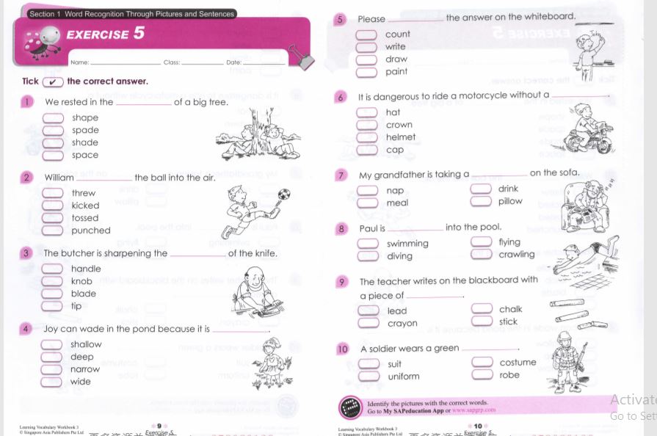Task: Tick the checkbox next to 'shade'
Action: pos(53,143)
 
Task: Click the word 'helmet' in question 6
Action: pos(400,137)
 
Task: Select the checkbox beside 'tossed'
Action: pos(53,218)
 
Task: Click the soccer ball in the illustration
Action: pos(284,195)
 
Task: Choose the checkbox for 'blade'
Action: pos(52,294)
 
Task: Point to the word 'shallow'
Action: pos(86,344)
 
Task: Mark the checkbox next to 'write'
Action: pos(366,47)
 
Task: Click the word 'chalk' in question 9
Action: pos(511,310)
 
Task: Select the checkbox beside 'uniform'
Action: pos(368,377)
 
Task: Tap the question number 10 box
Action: pos(343,349)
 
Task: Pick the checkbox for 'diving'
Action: pos(368,256)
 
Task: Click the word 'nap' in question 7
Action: pos(395,191)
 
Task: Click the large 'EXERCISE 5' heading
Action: pos(106,34)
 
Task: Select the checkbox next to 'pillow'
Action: pos(481,201)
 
